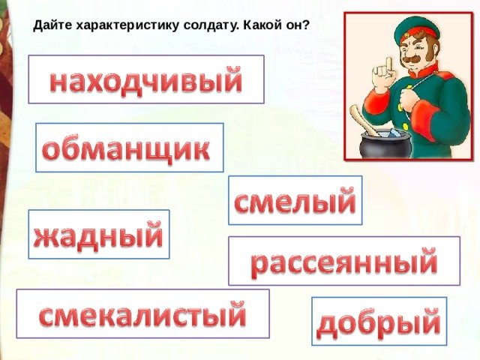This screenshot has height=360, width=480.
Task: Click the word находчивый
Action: tap(146, 80)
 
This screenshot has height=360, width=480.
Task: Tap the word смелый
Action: tap(295, 200)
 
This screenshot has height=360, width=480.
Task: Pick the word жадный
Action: tap(98, 235)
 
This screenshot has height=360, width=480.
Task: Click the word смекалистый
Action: tap(142, 313)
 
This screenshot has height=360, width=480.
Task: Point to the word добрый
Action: tap(379, 322)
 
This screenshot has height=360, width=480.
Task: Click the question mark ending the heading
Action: tap(305, 25)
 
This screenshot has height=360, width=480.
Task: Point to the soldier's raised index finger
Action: tap(388, 65)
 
